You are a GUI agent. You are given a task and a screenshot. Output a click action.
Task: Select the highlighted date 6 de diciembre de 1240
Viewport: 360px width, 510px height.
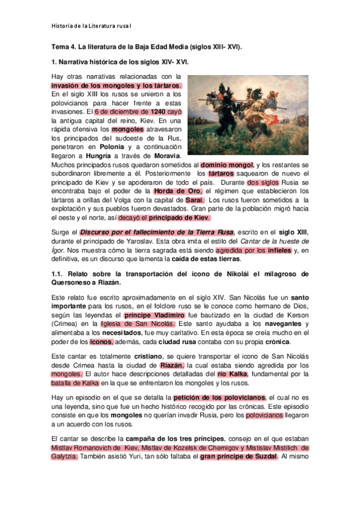129,112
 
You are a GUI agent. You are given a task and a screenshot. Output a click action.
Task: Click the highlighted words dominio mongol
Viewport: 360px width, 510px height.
227,164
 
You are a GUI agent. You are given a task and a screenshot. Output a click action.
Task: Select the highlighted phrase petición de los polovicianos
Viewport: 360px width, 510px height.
219,398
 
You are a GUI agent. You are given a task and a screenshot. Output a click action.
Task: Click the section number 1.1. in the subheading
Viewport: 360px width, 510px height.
58,274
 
